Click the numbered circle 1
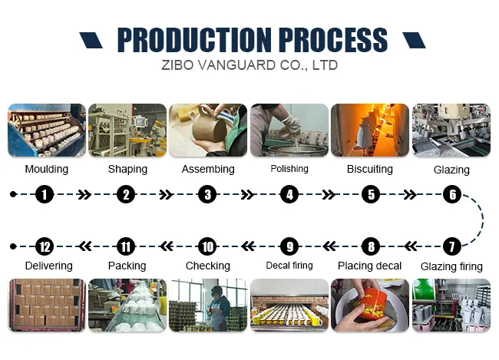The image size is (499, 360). pyautogui.click(x=45, y=195)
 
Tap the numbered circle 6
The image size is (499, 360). pyautogui.click(x=452, y=195)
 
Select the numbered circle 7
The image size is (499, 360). pyautogui.click(x=452, y=246)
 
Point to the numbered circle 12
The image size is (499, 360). pyautogui.click(x=45, y=246)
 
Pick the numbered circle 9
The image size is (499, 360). pyautogui.click(x=289, y=246)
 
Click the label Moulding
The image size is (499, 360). pyautogui.click(x=46, y=169)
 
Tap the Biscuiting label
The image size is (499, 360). pyautogui.click(x=370, y=169)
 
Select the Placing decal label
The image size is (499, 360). pyautogui.click(x=370, y=266)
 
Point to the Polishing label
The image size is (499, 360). pyautogui.click(x=289, y=169)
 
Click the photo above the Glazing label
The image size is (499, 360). pyautogui.click(x=451, y=130)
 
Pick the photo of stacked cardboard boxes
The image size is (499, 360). pyautogui.click(x=45, y=305)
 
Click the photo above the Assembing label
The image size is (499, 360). pyautogui.click(x=207, y=130)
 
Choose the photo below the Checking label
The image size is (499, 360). pyautogui.click(x=207, y=305)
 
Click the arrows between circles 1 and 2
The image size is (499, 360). pyautogui.click(x=84, y=195)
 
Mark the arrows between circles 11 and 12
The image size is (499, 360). pyautogui.click(x=84, y=246)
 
